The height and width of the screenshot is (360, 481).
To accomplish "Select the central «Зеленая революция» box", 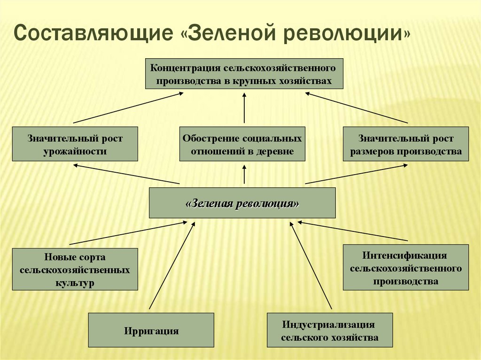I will coord(242,203).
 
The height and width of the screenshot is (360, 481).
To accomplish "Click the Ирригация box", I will coord(151,330).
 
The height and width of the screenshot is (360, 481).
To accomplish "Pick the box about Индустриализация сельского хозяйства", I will coord(329,330).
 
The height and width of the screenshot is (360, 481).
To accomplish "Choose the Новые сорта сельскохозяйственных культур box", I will coord(75,269).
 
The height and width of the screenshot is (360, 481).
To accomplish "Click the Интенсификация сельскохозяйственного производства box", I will coord(406,267).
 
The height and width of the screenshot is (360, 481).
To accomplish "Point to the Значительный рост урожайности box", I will coord(75,144).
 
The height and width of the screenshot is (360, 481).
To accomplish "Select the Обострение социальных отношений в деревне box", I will coord(242,144).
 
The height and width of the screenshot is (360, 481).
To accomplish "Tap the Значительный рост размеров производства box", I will coord(406,144).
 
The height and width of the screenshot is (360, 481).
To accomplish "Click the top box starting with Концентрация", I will coord(244,74).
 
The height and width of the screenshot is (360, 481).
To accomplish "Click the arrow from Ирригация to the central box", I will coord(171,266).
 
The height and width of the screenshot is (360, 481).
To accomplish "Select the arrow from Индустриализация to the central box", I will coord(311,266).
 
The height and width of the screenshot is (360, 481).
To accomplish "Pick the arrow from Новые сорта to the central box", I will coord(127,233).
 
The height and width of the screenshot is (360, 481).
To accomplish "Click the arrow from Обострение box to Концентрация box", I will coord(244,108).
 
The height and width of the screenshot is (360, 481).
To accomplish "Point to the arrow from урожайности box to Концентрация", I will coord(127,108).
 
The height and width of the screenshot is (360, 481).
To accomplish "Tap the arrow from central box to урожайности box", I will coord(127,174).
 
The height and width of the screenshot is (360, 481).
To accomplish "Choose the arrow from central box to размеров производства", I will coord(356,174).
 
